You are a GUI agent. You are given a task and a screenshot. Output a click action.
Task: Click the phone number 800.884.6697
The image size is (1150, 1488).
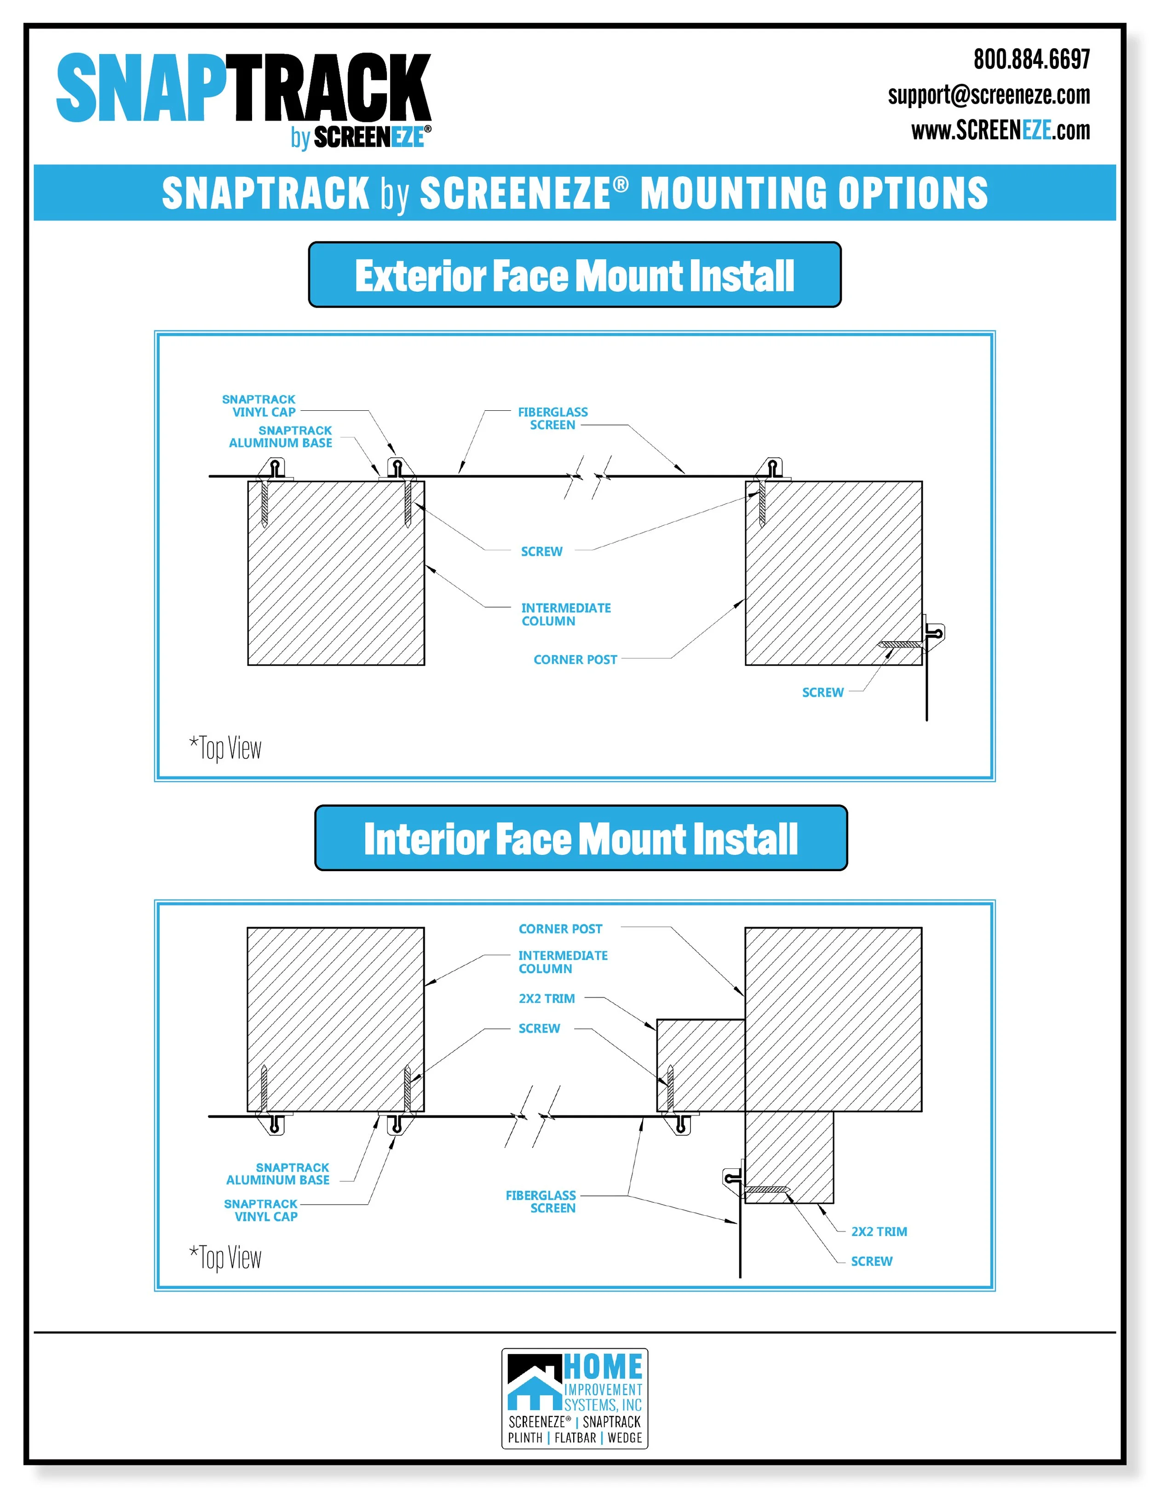pyautogui.click(x=1031, y=60)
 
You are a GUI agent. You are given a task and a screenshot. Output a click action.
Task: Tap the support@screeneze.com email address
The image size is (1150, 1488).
pyautogui.click(x=988, y=95)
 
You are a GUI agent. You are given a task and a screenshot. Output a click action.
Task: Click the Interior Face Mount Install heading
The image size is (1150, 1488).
pyautogui.click(x=581, y=838)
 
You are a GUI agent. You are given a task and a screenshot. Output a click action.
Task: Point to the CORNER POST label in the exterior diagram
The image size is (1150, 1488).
pyautogui.click(x=575, y=660)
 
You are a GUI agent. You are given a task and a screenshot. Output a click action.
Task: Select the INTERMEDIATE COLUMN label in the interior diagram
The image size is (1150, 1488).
pyautogui.click(x=562, y=962)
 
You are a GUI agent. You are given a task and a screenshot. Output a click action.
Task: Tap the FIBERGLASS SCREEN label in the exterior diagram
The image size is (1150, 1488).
pyautogui.click(x=552, y=418)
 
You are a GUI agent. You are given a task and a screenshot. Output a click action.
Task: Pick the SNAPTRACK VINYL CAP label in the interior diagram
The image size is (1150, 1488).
pyautogui.click(x=261, y=1210)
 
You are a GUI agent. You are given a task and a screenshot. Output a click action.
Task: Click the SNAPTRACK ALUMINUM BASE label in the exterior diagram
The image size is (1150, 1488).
pyautogui.click(x=281, y=437)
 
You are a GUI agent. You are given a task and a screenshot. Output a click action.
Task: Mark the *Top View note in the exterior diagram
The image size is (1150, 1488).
pyautogui.click(x=225, y=748)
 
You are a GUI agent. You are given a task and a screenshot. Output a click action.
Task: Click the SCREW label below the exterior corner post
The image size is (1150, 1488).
pyautogui.click(x=822, y=692)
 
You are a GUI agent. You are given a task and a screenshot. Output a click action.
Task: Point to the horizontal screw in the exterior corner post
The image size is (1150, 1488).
pyautogui.click(x=899, y=644)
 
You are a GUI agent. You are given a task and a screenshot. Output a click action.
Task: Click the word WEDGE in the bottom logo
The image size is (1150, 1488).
pyautogui.click(x=624, y=1437)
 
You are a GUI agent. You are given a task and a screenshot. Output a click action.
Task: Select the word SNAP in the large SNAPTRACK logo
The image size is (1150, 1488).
pyautogui.click(x=140, y=89)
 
